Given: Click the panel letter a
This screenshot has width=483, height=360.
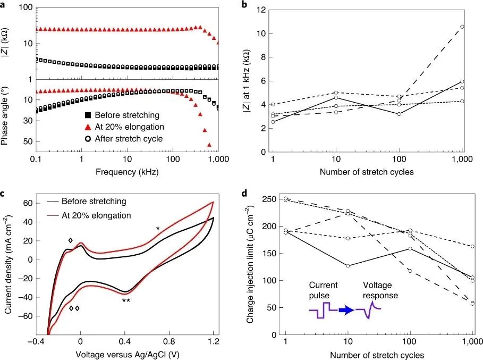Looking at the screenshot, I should point(4,4).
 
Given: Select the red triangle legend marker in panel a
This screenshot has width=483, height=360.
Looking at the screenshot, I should point(88,127).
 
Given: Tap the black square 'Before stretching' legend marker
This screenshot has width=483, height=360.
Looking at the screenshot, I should point(88,115).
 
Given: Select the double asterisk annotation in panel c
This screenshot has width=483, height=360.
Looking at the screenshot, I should point(126,302).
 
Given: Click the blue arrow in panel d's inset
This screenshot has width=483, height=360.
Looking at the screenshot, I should point(346,311).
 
